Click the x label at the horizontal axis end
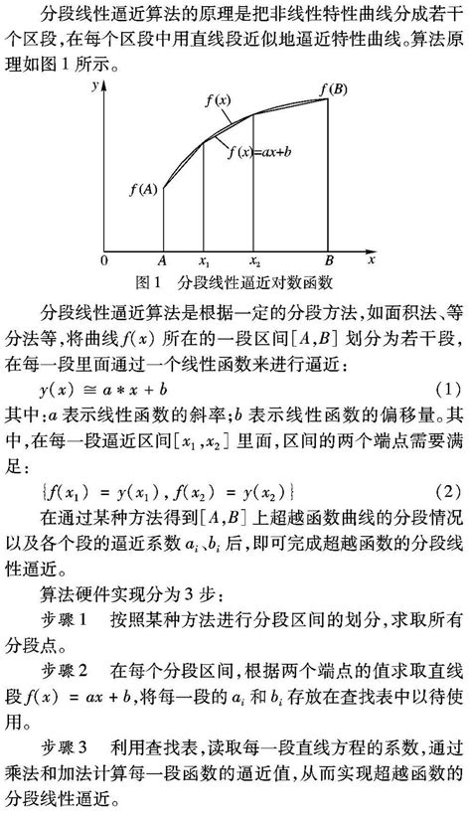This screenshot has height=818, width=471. click(370, 260)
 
